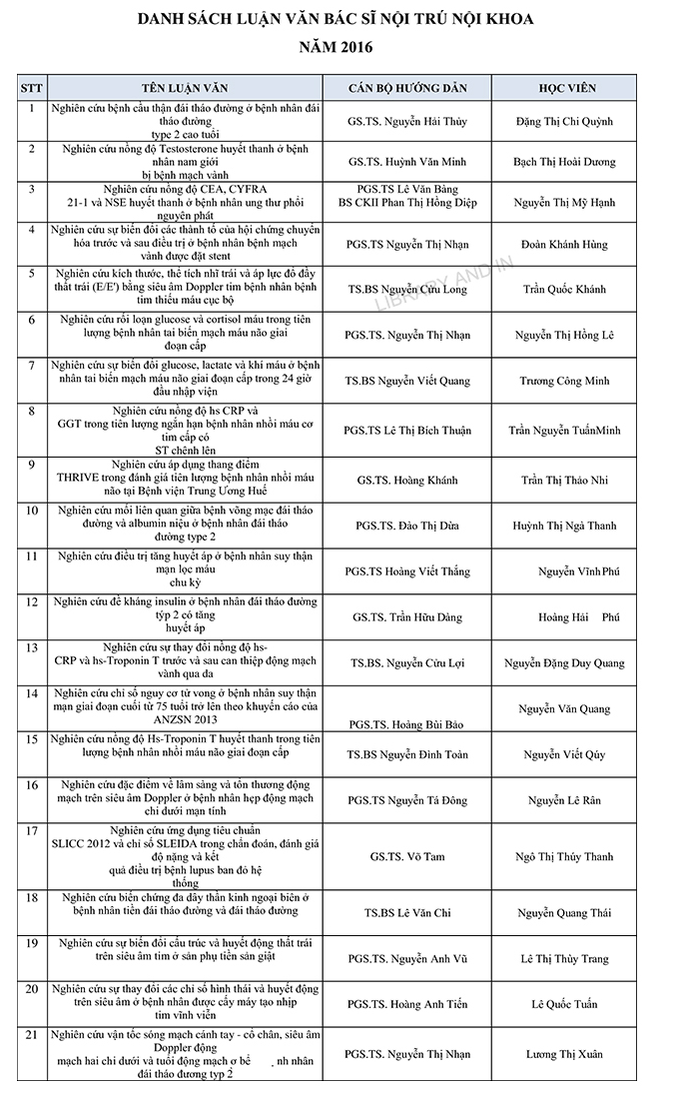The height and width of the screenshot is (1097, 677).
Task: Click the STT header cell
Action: (x=32, y=88)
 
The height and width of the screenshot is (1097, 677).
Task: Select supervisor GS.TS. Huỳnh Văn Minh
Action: (x=407, y=161)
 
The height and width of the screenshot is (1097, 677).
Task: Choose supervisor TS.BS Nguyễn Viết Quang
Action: (x=407, y=381)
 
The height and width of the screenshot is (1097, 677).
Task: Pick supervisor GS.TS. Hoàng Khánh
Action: (x=407, y=481)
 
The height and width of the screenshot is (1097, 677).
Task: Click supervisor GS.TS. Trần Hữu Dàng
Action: (x=407, y=617)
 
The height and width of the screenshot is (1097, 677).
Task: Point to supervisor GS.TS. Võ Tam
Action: (x=407, y=856)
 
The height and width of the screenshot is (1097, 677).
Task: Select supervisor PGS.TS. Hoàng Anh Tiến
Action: (x=407, y=1004)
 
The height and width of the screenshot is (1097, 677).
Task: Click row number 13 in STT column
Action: (x=32, y=647)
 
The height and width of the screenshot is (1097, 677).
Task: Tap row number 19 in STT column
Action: (x=32, y=943)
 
